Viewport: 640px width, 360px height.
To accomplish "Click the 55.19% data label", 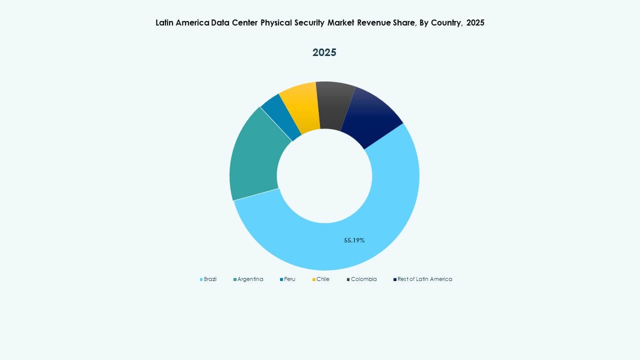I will click(354, 240).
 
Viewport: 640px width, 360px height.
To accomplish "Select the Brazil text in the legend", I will click(210, 279).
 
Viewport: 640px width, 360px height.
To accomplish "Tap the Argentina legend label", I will click(250, 279).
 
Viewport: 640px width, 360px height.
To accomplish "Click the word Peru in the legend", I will click(289, 279).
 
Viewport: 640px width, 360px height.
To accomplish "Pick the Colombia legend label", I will click(363, 279).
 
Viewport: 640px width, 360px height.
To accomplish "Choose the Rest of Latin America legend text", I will click(424, 279).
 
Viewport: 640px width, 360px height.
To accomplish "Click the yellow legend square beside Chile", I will click(314, 279).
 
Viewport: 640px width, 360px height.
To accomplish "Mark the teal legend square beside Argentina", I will click(235, 279).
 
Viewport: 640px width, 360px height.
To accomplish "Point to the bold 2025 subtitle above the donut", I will click(324, 52).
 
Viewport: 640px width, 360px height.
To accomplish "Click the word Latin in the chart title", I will click(165, 23).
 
